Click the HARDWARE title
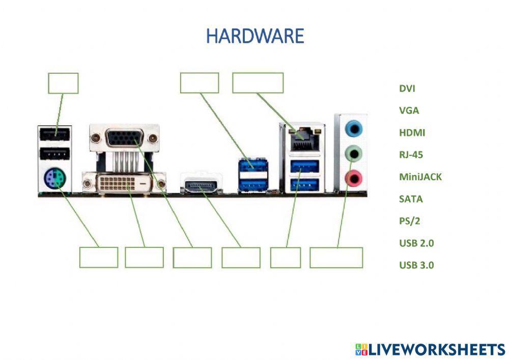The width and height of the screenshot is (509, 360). tap(255, 36)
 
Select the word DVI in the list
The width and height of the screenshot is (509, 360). tap(407, 88)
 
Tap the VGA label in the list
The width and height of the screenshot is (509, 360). tap(409, 110)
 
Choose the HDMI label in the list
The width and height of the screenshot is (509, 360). tap(412, 132)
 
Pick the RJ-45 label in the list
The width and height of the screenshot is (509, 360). tap(411, 154)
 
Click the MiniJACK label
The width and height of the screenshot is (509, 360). tap(420, 177)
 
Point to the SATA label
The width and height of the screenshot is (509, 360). tap(411, 199)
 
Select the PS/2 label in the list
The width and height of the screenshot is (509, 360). tap(410, 221)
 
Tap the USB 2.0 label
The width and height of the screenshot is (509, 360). tap(416, 243)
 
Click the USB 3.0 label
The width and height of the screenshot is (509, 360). tap(416, 265)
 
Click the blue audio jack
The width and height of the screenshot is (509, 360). tap(354, 128)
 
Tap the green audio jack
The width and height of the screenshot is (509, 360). tap(353, 154)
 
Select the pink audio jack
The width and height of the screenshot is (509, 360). tap(353, 178)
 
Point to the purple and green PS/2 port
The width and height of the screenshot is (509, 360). tap(55, 179)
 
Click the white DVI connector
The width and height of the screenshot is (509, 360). tap(124, 183)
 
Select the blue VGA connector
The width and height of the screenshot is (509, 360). tap(124, 138)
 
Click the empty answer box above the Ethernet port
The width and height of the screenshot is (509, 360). tap(258, 83)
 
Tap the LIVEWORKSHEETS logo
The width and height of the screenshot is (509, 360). tap(431, 349)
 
